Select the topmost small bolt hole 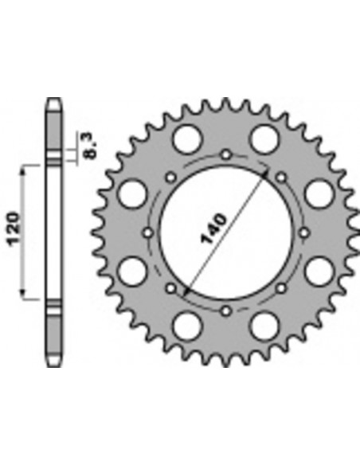pos(226,154)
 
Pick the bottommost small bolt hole pos(226,310)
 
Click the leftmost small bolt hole pos(149,232)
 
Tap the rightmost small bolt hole pos(304,232)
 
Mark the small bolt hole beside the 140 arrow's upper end pos(281,177)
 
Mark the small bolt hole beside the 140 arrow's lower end pos(171,287)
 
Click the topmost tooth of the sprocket pos(226,103)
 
